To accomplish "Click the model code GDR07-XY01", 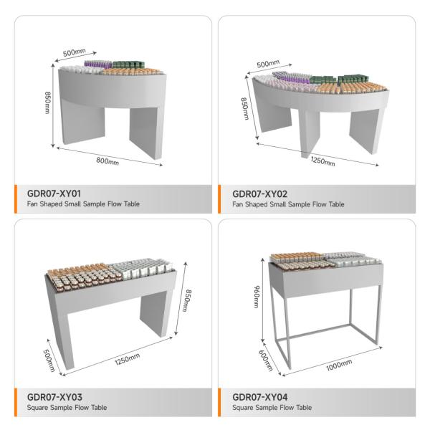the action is pos(54,193).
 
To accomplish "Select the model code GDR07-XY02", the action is pos(259,194).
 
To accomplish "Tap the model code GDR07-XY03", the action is pos(54,397).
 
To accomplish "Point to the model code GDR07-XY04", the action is pos(260,397).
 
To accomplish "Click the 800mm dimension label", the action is pos(107,161).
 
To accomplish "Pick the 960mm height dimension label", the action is pos(257,297).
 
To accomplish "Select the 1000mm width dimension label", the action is pos(339,365).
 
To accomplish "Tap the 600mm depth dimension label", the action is pos(266,360).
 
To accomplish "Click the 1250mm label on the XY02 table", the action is pos(322,161).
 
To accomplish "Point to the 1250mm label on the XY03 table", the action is pos(128,359).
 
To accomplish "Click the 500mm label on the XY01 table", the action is pos(75,52).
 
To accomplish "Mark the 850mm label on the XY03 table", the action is pos(187,300).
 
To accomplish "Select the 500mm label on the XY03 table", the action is pos(49,360).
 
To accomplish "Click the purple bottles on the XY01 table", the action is pos(98,64).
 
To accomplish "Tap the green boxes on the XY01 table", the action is pos(127,64).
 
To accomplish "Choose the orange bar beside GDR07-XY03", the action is pos(16,402).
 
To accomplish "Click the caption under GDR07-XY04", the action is pos(272,408).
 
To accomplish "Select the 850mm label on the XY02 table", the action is pos(245,109).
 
